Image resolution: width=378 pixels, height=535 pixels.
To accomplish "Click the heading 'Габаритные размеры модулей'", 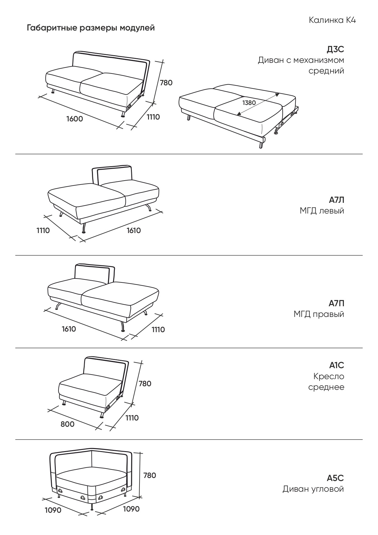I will (x=91, y=28).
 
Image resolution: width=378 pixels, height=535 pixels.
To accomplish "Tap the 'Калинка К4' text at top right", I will (x=332, y=20).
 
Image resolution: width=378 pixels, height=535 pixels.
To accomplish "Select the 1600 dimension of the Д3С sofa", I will (x=75, y=119).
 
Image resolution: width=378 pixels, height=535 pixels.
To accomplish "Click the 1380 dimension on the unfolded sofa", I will (x=249, y=103).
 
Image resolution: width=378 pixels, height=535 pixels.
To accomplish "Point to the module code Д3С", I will (x=335, y=49).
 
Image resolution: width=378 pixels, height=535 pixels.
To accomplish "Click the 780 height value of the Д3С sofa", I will (x=166, y=83).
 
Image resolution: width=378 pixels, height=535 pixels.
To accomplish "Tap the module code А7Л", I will (x=336, y=200).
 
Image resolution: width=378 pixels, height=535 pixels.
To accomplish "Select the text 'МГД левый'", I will (x=322, y=211).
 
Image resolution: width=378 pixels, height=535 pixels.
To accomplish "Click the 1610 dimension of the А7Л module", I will (x=134, y=230).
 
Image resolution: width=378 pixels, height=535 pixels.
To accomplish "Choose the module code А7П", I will (x=336, y=303).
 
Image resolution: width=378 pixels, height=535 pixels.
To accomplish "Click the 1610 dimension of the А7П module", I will (x=69, y=329).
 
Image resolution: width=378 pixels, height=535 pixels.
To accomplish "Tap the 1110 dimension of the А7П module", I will (x=158, y=329).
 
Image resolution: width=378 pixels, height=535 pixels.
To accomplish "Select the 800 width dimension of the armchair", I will (x=67, y=424).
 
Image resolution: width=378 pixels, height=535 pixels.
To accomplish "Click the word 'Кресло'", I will (x=329, y=376).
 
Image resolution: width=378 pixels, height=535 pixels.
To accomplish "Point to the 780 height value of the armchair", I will (x=145, y=384).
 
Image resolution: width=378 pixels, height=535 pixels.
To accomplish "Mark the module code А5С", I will (x=335, y=478).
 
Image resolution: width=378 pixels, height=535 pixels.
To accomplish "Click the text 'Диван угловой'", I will (x=313, y=489).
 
